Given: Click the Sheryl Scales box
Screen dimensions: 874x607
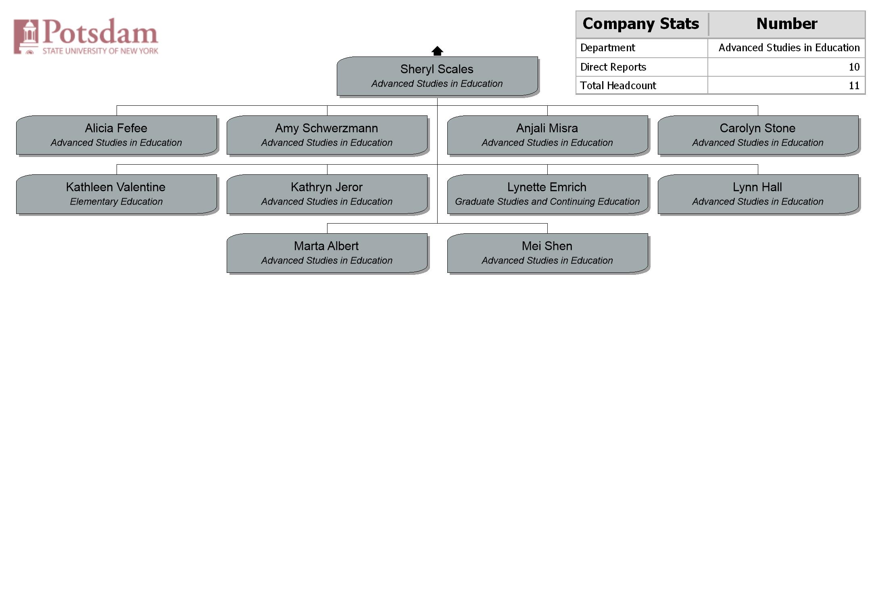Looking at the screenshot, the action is (437, 76).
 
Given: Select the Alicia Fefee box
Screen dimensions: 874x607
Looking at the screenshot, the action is (117, 135).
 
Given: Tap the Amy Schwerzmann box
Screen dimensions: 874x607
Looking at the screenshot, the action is (327, 135).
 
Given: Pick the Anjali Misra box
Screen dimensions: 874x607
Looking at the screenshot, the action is (548, 135).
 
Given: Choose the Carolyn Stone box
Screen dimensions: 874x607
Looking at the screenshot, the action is (758, 135).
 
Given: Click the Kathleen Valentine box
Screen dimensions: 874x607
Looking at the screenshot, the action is (117, 194).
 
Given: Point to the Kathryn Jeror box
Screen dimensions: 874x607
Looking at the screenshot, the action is (327, 194).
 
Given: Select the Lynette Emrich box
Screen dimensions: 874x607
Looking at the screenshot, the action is (548, 194).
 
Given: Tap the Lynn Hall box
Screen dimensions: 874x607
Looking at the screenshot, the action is (758, 194).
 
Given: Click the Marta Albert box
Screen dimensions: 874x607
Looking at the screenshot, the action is (327, 253).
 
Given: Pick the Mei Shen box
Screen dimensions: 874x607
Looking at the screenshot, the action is (548, 253).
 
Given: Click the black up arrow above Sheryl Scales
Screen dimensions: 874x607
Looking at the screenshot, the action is (437, 51).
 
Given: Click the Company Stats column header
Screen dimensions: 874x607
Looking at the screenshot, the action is (641, 24).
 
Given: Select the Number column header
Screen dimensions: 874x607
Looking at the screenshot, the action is (787, 24).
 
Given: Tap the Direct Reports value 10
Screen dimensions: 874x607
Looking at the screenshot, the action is (854, 67).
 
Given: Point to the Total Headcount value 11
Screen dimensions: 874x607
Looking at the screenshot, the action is (854, 86).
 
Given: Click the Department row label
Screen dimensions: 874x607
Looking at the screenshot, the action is (608, 48).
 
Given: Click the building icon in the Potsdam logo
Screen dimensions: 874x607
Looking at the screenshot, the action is (26, 36).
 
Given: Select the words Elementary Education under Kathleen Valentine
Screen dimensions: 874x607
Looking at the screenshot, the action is (116, 202).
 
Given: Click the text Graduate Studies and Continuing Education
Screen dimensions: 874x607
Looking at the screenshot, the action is (547, 202).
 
